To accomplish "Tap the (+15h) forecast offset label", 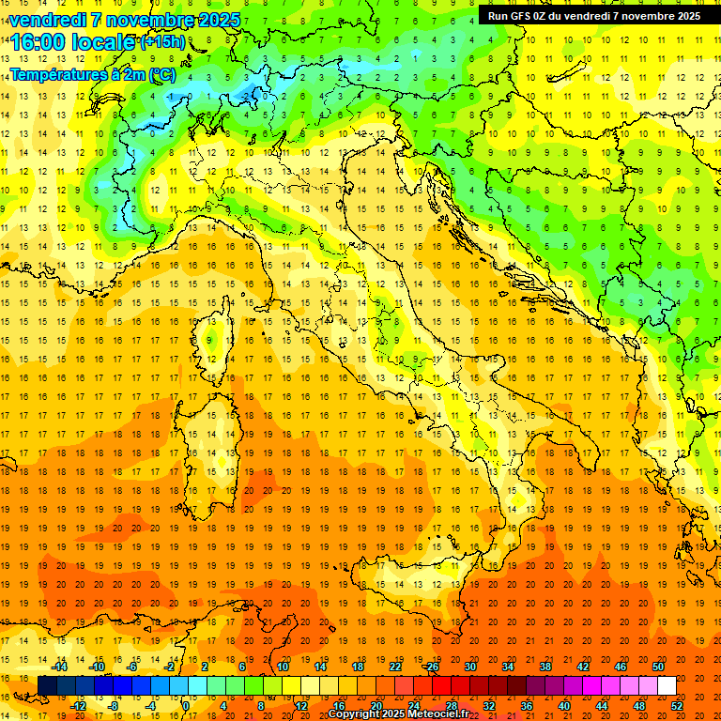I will tap(162, 41).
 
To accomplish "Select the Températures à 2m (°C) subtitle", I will tap(92, 74).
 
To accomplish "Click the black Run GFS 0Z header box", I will tap(593, 15).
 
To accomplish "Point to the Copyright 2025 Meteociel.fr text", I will tap(398, 713).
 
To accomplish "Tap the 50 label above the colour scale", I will tap(658, 667).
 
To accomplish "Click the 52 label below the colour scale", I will tap(677, 705).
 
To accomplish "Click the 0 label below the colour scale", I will tap(186, 705).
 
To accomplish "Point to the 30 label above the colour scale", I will tap(470, 667).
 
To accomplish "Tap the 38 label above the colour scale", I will tap(545, 667).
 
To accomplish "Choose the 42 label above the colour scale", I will tap(583, 667).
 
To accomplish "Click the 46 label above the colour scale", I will tap(621, 667).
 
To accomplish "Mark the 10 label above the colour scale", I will tap(283, 667).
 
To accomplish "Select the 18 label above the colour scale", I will tap(358, 667).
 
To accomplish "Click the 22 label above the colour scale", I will tap(395, 667).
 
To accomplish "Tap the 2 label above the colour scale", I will tap(205, 667).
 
